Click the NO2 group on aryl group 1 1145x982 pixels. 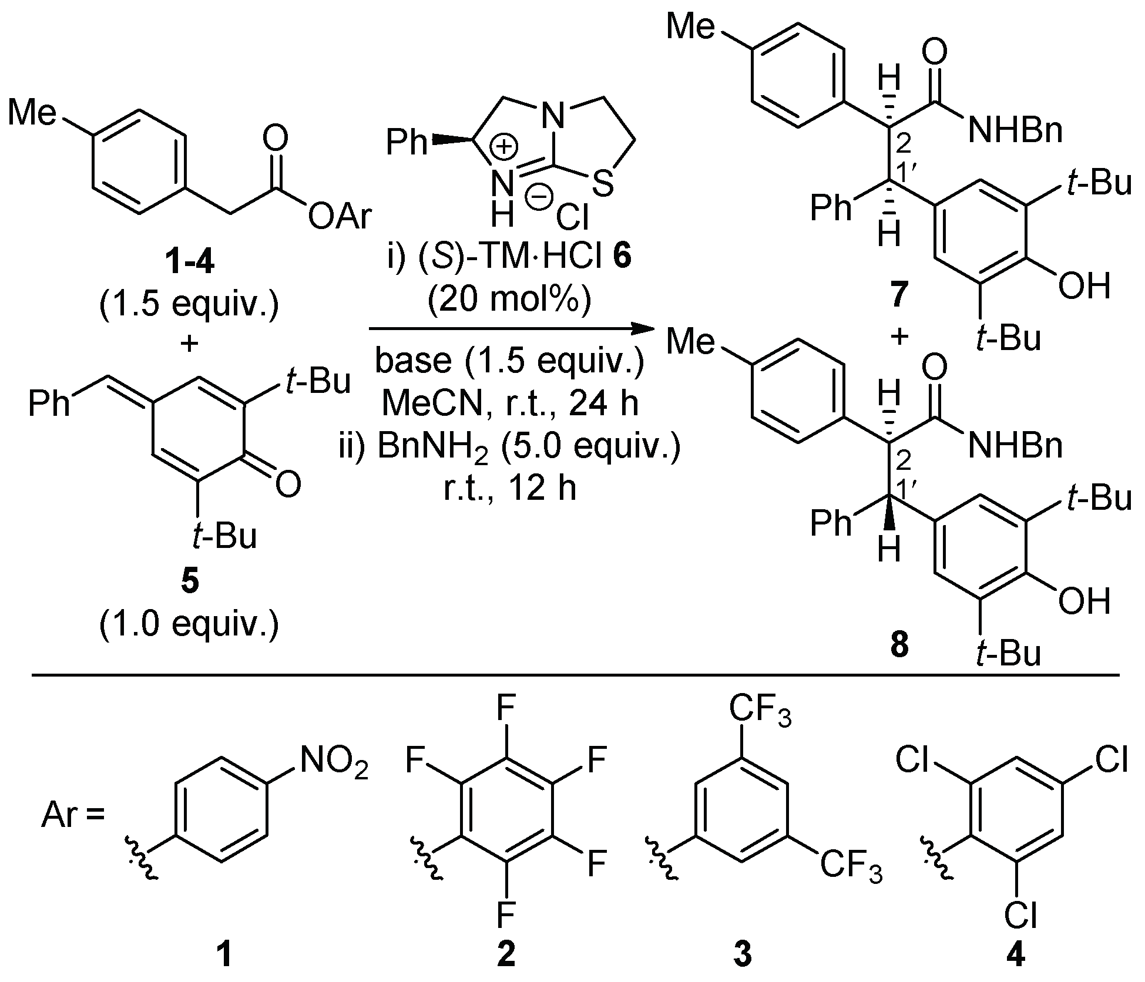click(334, 762)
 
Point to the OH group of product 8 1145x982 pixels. click(1084, 602)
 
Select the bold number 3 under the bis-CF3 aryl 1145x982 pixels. click(743, 953)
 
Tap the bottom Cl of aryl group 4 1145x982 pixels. click(1020, 915)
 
